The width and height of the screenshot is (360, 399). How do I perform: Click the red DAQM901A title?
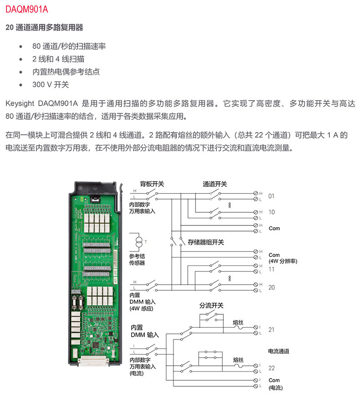(x=26, y=9)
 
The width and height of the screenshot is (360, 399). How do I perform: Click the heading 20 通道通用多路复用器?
(x=44, y=28)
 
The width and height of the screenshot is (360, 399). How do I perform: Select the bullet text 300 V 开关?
(x=51, y=85)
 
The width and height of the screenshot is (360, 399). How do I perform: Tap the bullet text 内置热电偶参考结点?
(x=66, y=72)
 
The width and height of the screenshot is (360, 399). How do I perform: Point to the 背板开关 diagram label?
(x=152, y=184)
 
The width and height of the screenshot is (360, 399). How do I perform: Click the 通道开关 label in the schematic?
(x=215, y=184)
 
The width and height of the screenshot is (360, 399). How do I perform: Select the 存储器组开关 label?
(x=206, y=242)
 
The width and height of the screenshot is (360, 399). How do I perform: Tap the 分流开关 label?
(x=211, y=306)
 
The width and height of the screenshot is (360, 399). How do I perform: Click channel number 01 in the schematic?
(x=271, y=196)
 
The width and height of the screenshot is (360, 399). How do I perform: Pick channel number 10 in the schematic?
(x=271, y=212)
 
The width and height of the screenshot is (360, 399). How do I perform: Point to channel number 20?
(x=271, y=287)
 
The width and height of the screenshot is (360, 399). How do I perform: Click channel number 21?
(x=272, y=330)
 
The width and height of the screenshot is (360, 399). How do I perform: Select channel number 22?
(x=272, y=368)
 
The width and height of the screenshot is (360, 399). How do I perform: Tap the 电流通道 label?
(x=278, y=351)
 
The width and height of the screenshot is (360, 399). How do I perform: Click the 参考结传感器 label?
(x=137, y=260)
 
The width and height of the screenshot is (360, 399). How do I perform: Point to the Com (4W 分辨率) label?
(x=282, y=258)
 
